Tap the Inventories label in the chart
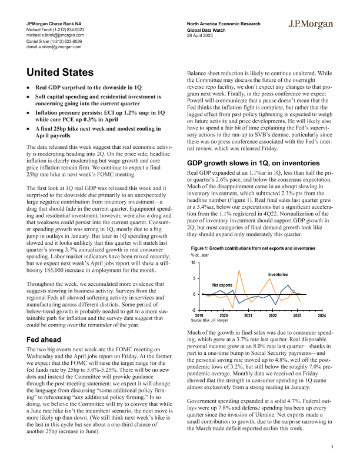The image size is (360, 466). (278, 275)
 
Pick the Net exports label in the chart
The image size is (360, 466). (222, 284)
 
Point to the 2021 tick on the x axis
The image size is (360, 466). (248, 316)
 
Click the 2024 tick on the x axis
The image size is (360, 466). (322, 316)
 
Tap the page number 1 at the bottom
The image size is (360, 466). (332, 448)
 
